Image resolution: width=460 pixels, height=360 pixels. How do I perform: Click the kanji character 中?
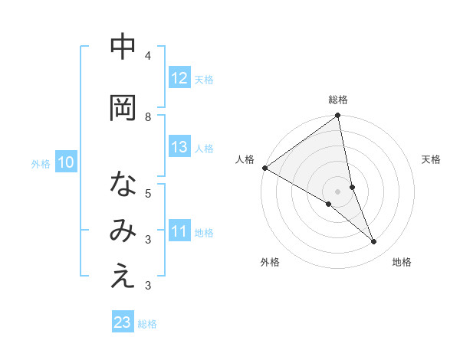click(x=123, y=47)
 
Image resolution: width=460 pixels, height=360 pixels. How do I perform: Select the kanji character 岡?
click(x=123, y=108)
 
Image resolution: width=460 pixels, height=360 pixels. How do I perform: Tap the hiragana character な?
click(x=123, y=185)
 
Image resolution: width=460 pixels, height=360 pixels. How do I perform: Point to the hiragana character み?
click(x=123, y=231)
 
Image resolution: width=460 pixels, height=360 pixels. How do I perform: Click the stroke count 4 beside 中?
click(x=148, y=56)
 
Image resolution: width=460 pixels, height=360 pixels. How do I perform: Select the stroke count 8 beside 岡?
click(x=148, y=116)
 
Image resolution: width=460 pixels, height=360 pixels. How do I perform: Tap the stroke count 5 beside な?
click(x=148, y=193)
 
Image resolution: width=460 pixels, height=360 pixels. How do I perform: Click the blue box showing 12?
click(x=179, y=78)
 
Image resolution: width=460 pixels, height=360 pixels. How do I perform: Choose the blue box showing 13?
click(x=179, y=147)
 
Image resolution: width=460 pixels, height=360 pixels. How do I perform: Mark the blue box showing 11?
click(x=179, y=231)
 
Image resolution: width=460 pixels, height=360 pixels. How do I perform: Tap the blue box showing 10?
click(x=65, y=162)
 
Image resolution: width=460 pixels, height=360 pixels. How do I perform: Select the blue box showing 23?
click(x=123, y=323)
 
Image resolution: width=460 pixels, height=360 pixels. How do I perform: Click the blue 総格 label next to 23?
click(x=147, y=324)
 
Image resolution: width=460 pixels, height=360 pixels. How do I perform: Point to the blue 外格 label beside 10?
click(x=41, y=163)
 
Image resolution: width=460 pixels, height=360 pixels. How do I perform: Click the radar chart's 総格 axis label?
click(x=338, y=100)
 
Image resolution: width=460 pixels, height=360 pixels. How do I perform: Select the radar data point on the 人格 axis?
click(x=264, y=168)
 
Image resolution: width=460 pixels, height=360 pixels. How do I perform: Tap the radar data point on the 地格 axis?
click(x=374, y=242)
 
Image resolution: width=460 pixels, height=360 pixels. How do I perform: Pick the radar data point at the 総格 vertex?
click(x=338, y=116)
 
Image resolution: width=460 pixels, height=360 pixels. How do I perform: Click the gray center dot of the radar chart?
click(x=337, y=191)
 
